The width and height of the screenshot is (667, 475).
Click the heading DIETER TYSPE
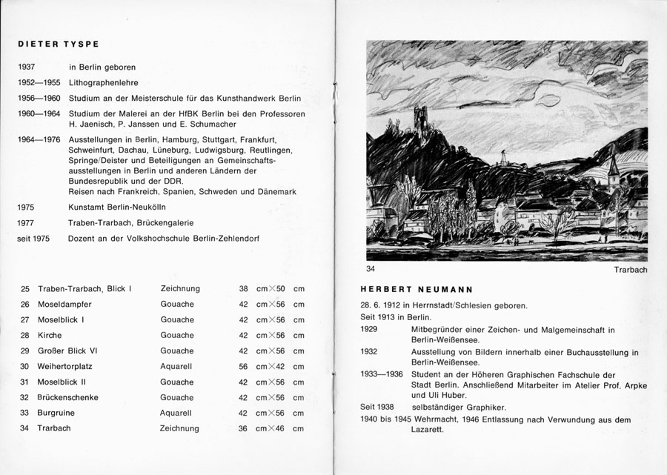pyautogui.click(x=59, y=44)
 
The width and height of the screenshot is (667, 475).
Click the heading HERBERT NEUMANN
pyautogui.click(x=417, y=289)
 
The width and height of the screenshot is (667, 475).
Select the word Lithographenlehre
pyautogui.click(x=103, y=83)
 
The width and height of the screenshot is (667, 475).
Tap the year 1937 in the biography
pyautogui.click(x=27, y=67)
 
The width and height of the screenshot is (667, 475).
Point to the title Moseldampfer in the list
pyautogui.click(x=64, y=305)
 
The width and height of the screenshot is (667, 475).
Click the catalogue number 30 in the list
pyautogui.click(x=25, y=366)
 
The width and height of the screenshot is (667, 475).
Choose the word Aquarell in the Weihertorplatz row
pyautogui.click(x=176, y=366)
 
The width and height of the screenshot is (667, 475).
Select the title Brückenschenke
pyautogui.click(x=68, y=397)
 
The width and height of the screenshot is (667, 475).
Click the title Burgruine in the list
pyautogui.click(x=57, y=413)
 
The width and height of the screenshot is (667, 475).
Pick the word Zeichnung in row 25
pyautogui.click(x=179, y=289)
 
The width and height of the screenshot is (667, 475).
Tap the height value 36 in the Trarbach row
pyautogui.click(x=243, y=428)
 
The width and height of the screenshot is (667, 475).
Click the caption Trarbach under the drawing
pyautogui.click(x=630, y=270)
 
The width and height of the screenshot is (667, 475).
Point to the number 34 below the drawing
pyautogui.click(x=371, y=268)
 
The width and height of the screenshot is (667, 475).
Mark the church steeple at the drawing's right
pyautogui.click(x=613, y=169)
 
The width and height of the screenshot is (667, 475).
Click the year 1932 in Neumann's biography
pyautogui.click(x=369, y=353)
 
